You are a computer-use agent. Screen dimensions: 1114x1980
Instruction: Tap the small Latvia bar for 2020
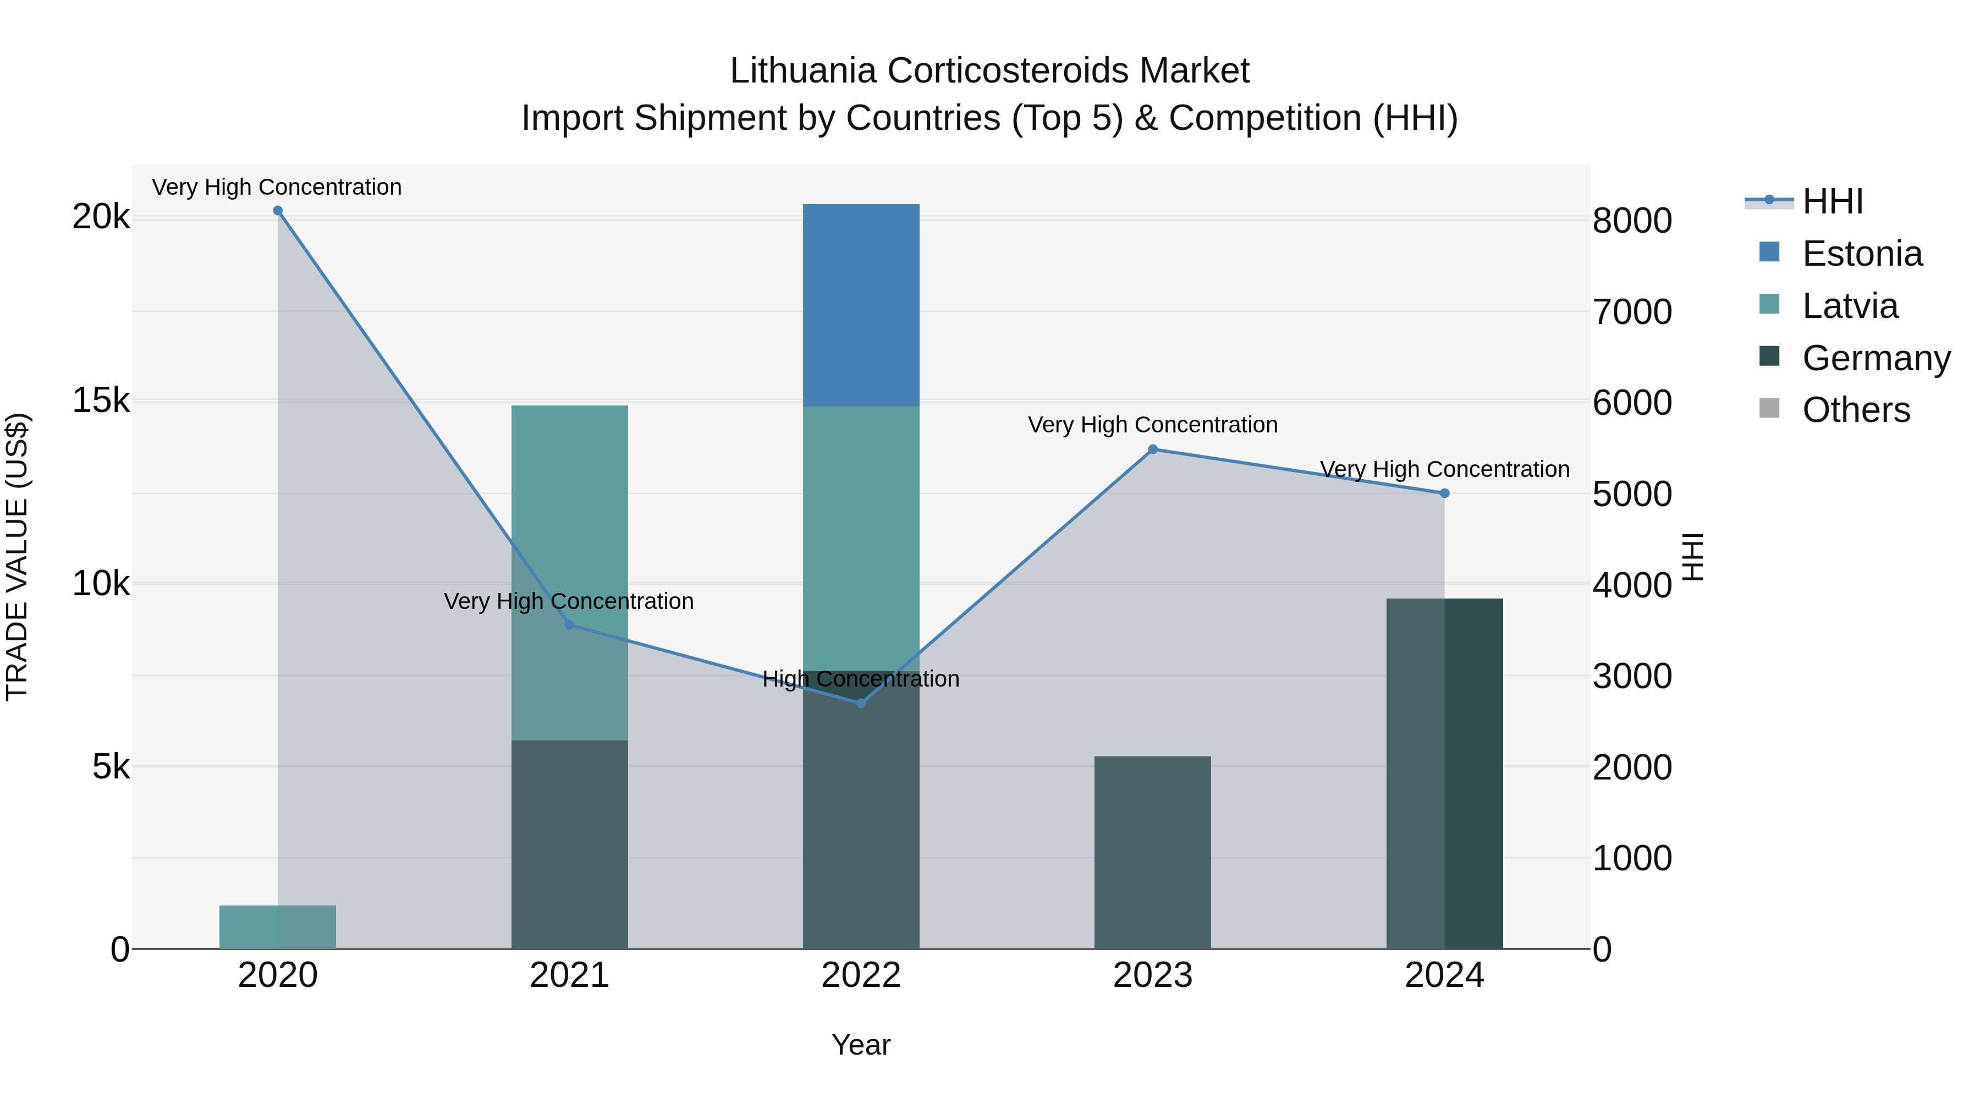pyautogui.click(x=278, y=926)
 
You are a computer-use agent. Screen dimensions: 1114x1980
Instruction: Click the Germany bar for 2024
pyautogui.click(x=1444, y=773)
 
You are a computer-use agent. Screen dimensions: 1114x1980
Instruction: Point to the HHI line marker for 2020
pyautogui.click(x=278, y=211)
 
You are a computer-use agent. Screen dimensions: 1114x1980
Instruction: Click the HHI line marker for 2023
pyautogui.click(x=1152, y=449)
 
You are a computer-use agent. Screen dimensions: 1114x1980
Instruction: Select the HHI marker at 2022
pyautogui.click(x=861, y=703)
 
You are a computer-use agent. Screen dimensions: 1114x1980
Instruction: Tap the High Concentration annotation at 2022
pyautogui.click(x=861, y=679)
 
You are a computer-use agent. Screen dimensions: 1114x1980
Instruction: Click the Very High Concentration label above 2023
pyautogui.click(x=1152, y=424)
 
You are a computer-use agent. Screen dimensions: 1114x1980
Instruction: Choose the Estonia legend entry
pyautogui.click(x=1862, y=254)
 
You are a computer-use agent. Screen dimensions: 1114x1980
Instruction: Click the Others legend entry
pyautogui.click(x=1856, y=410)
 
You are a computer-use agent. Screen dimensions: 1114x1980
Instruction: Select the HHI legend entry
pyautogui.click(x=1833, y=201)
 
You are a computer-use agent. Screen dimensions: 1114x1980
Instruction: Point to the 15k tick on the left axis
pyautogui.click(x=101, y=400)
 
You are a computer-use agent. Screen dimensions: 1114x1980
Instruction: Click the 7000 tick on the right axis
pyautogui.click(x=1631, y=312)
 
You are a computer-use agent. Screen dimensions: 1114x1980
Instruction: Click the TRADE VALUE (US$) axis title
pyautogui.click(x=17, y=557)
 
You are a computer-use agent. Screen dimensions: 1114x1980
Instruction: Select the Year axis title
pyautogui.click(x=861, y=1045)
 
